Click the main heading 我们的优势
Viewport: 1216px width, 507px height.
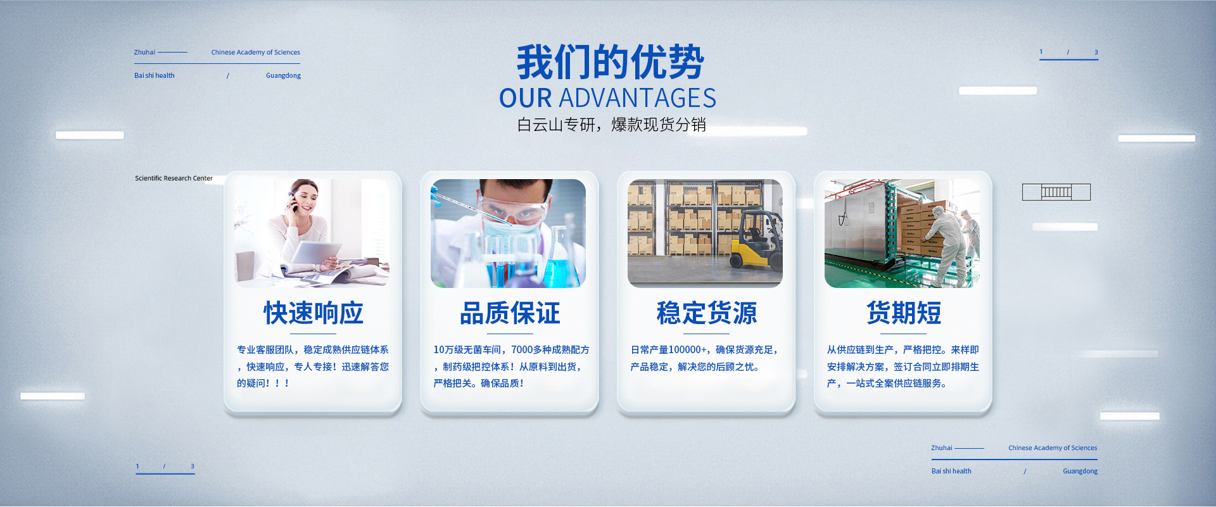click(610, 62)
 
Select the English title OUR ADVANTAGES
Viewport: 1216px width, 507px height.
click(607, 98)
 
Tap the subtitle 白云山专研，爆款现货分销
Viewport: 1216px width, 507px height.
click(611, 125)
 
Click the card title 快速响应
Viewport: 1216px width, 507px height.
click(313, 313)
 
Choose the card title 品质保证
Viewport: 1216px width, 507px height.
click(510, 313)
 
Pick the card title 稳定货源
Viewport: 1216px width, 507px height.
click(707, 313)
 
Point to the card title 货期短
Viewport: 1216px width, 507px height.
click(904, 313)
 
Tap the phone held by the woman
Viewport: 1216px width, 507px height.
click(293, 202)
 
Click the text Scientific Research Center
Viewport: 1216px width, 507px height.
click(174, 178)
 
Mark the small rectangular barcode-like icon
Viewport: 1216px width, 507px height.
click(1056, 192)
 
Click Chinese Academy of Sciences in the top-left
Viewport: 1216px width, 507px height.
click(255, 53)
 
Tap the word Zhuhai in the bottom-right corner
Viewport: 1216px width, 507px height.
click(941, 448)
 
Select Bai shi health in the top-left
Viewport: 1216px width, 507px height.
click(154, 75)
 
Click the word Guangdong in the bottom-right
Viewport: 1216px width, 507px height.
click(1080, 472)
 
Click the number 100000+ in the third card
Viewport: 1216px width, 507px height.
click(688, 350)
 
